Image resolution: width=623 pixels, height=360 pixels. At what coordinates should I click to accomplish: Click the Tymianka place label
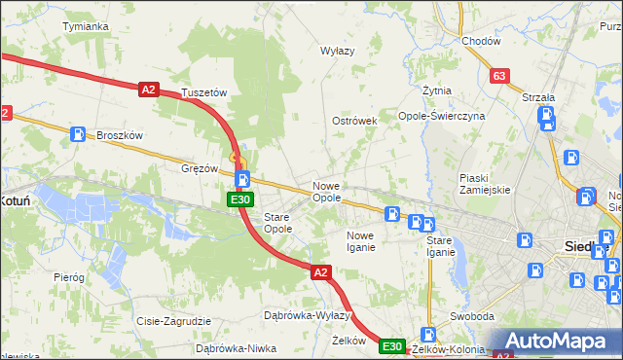[x=85, y=26]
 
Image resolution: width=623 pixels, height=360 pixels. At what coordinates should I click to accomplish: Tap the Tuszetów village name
[x=203, y=92]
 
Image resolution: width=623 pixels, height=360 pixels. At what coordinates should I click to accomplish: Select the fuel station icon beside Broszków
[x=77, y=135]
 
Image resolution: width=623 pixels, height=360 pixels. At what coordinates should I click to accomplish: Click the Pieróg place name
[x=69, y=277]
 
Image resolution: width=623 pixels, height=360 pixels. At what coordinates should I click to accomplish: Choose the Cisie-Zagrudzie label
[x=175, y=321]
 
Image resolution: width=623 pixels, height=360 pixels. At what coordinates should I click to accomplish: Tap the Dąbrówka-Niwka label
[x=231, y=347]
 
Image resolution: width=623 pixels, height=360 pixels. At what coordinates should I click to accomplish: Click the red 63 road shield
[x=500, y=76]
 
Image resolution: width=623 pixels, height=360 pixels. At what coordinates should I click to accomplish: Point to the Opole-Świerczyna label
[x=442, y=115]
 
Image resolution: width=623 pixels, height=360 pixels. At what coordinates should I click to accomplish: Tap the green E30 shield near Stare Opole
[x=241, y=199]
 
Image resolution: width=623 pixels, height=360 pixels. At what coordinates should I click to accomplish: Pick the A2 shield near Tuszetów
[x=148, y=90]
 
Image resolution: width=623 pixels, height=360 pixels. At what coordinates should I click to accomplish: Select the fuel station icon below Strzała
[x=547, y=118]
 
